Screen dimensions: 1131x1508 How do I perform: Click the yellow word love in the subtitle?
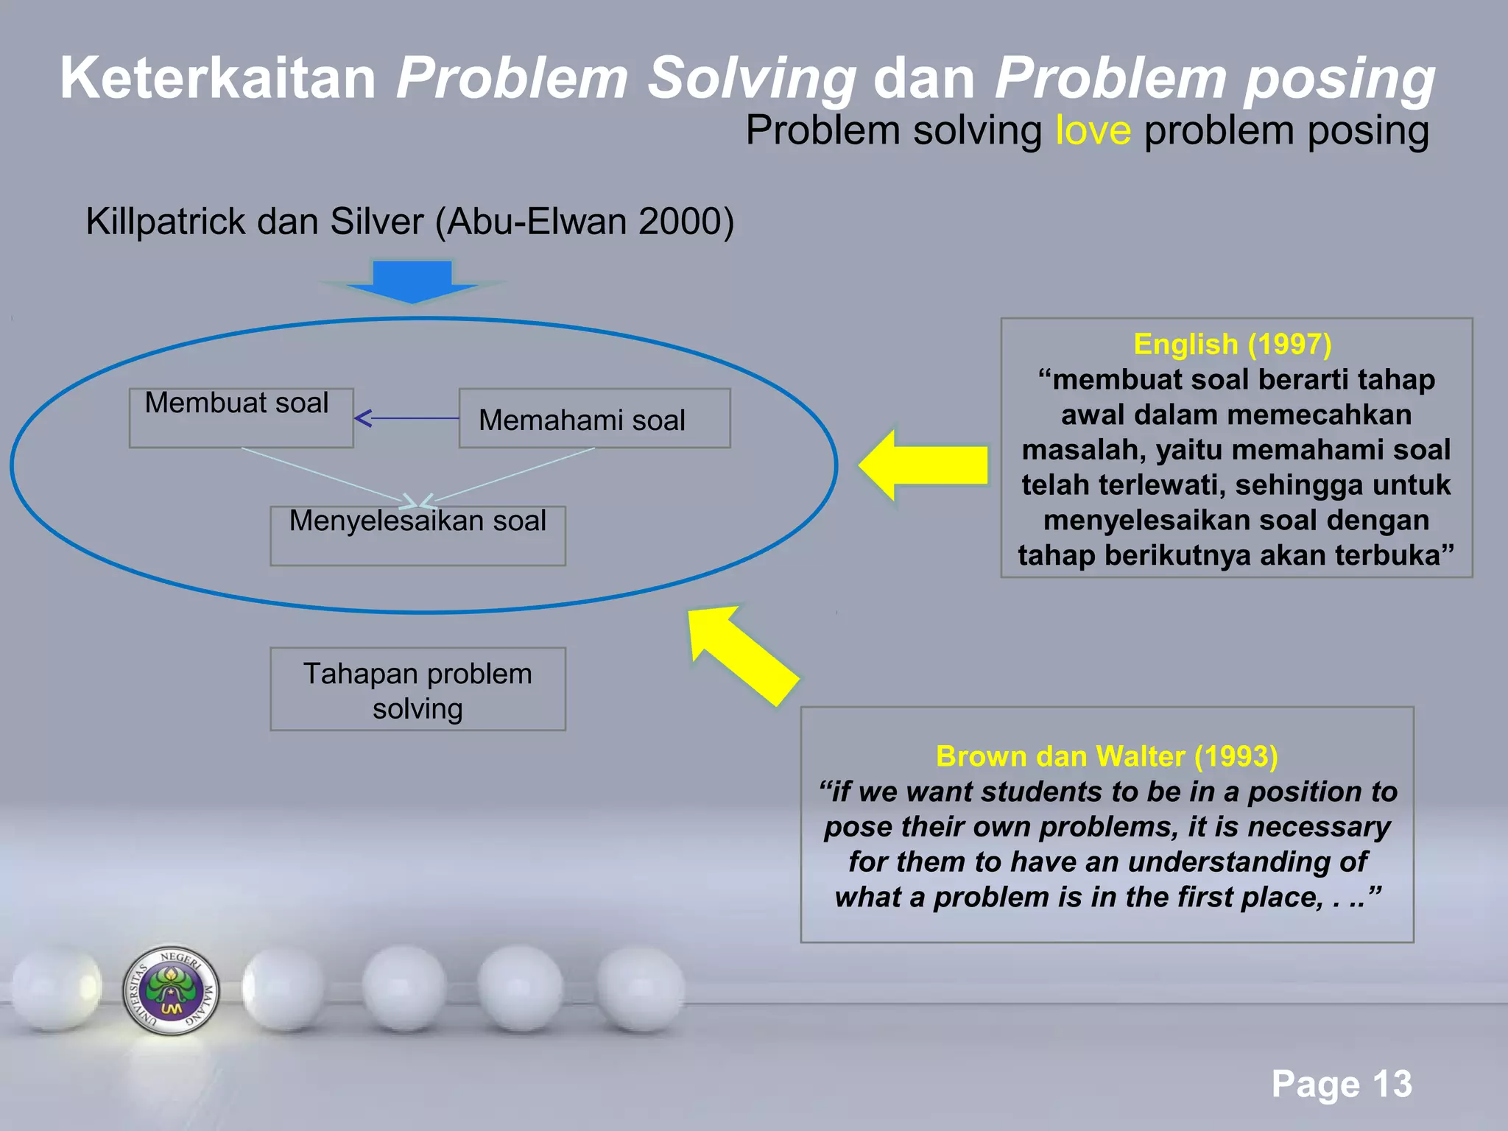(x=1093, y=131)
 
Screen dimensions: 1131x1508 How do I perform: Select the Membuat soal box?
(x=241, y=417)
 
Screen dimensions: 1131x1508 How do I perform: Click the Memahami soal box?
(x=594, y=418)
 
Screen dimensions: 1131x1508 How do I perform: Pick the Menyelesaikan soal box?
(x=417, y=535)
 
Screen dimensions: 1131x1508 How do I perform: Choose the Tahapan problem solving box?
(x=417, y=689)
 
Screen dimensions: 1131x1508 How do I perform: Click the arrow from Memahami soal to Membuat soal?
(x=406, y=418)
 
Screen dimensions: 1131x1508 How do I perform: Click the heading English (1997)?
(x=1233, y=344)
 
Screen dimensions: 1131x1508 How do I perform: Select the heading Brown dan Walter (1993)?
(x=1107, y=756)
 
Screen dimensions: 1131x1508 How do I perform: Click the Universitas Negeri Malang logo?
(x=171, y=990)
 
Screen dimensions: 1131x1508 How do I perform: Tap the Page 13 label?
(x=1342, y=1084)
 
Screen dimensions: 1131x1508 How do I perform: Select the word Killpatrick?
(x=166, y=222)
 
